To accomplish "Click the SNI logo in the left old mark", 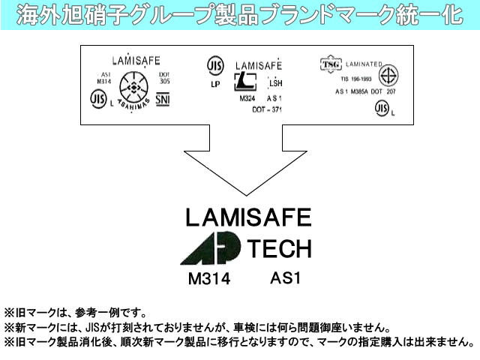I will [x=163, y=100].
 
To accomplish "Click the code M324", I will [x=247, y=98].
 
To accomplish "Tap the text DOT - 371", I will [x=266, y=109].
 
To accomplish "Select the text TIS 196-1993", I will [x=357, y=77].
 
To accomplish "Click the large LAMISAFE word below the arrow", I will [x=247, y=217].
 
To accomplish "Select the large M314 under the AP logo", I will [x=208, y=279].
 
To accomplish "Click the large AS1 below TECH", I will [x=285, y=277].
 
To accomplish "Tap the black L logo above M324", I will [x=246, y=82].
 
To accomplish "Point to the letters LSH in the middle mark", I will [x=275, y=83].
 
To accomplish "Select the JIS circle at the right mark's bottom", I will [x=382, y=109].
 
